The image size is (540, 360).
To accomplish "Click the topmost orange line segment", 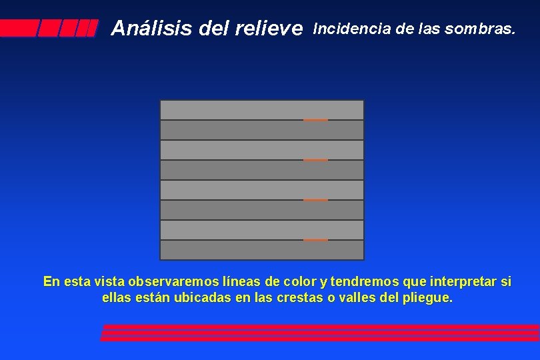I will pos(315,120).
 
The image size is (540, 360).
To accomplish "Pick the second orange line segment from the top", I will pos(315,160).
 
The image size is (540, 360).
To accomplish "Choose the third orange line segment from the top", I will pos(315,200).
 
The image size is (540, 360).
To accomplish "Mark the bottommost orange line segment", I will pos(315,240).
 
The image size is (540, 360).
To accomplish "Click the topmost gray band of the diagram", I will pos(262,110).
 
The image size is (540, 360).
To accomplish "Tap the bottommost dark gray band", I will pos(262,250).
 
